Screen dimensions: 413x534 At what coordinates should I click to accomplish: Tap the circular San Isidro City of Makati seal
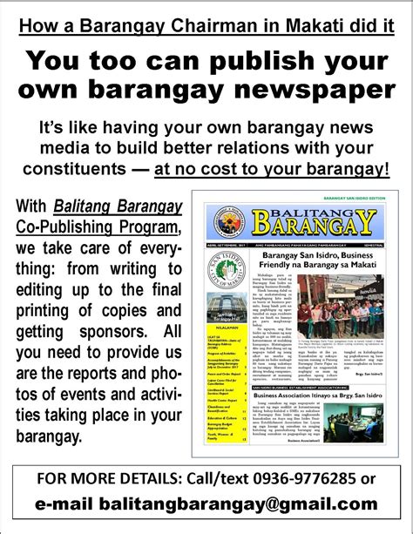[227, 269]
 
